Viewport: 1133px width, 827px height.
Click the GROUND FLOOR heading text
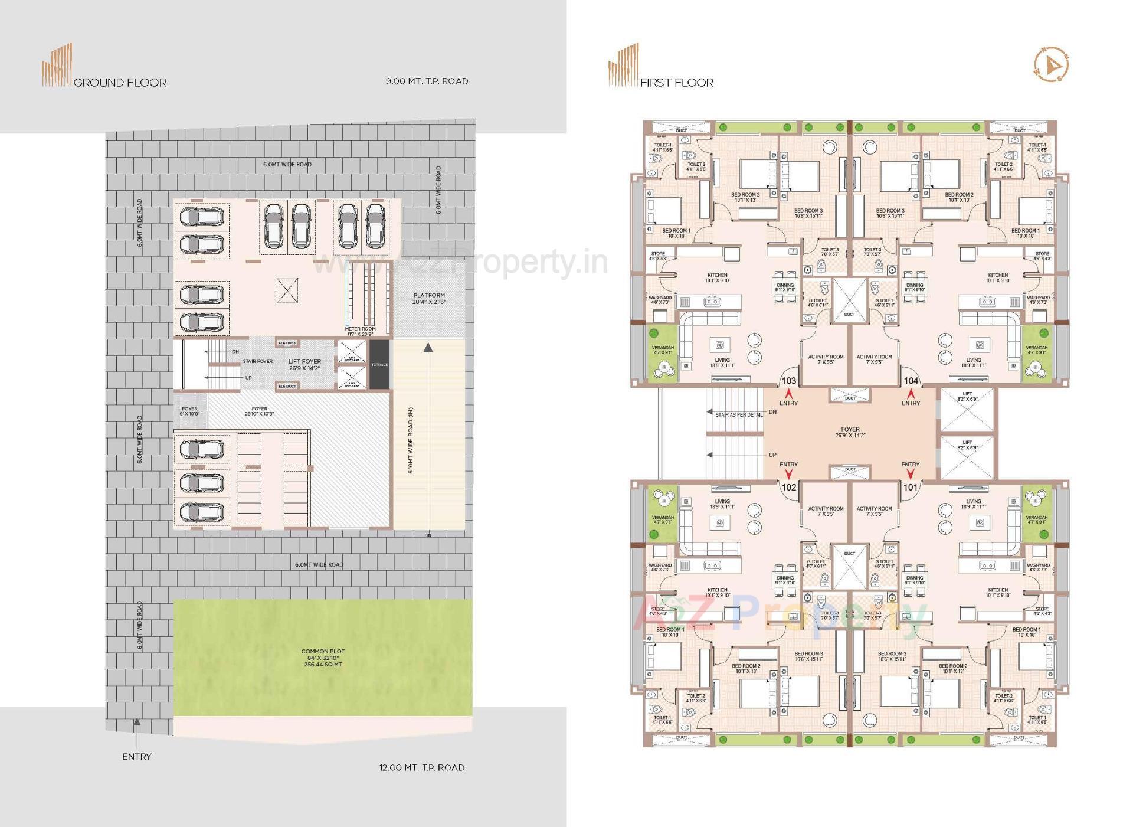point(120,83)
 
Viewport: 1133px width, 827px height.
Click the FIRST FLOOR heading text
point(677,83)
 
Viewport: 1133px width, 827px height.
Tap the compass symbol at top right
point(1051,64)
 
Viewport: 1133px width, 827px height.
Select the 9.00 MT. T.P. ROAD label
point(427,81)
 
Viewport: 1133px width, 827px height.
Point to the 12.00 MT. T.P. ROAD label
point(421,767)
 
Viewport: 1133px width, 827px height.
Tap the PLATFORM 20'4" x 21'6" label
point(429,299)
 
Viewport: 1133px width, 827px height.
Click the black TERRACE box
point(379,364)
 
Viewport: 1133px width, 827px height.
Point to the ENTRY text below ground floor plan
point(136,756)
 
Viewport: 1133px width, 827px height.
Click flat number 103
point(788,381)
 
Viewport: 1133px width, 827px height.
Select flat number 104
point(911,381)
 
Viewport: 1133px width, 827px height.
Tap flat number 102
point(788,487)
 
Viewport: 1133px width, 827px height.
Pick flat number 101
point(911,487)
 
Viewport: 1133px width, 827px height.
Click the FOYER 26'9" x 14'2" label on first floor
point(850,432)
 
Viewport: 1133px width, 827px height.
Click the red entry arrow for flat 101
point(911,473)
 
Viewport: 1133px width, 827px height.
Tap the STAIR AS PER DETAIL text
point(738,415)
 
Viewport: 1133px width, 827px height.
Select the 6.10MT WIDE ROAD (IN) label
point(411,440)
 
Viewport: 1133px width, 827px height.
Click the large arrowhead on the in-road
point(428,348)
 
